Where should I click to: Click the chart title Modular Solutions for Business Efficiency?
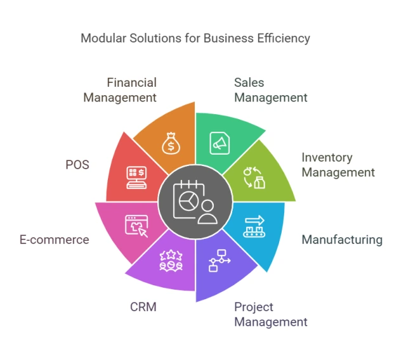point(195,38)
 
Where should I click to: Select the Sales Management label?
point(270,90)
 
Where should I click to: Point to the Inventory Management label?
point(337,165)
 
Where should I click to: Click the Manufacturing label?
point(341,240)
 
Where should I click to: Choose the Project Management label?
point(270,314)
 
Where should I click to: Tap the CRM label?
point(143,307)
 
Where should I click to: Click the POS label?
point(77,165)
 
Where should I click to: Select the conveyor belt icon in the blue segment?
point(256,227)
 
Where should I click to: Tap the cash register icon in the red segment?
point(137,177)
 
